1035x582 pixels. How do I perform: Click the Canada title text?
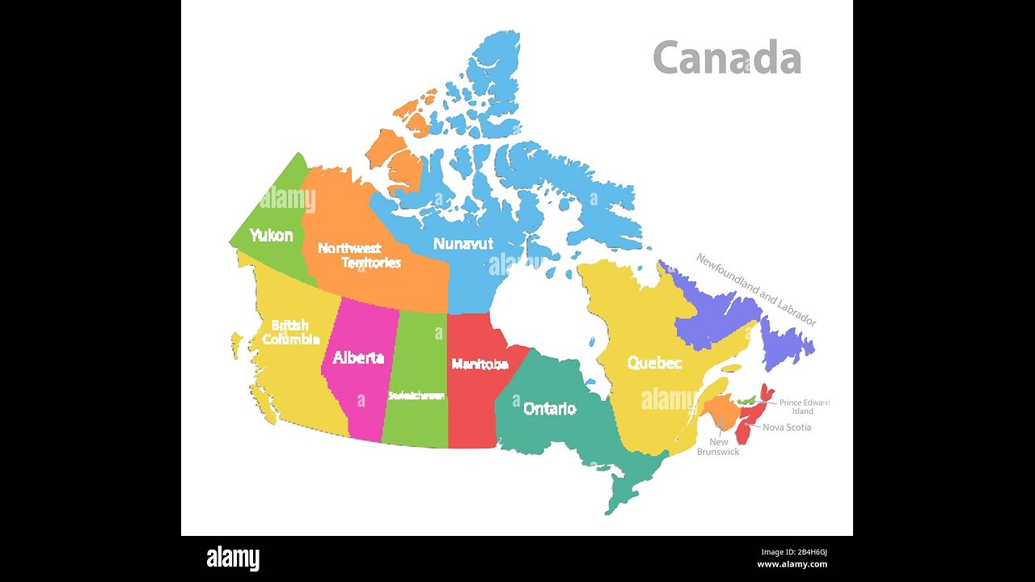pos(726,58)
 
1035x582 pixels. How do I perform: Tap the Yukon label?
pos(271,235)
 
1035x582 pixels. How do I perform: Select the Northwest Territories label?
pos(359,255)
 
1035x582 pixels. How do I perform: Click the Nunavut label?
pos(463,243)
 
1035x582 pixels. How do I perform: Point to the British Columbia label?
pos(290,332)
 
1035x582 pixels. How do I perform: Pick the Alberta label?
pos(358,357)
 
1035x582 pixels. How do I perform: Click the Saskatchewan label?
pos(416,395)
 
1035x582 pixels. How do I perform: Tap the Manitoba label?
pos(479,364)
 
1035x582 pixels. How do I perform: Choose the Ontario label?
pos(550,408)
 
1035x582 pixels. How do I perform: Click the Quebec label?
pos(654,363)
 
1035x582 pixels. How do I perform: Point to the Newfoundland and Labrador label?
pos(756,289)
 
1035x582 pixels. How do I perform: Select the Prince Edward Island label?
pos(804,407)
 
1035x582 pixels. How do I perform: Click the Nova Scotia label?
pos(787,427)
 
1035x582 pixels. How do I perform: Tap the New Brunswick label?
pos(718,446)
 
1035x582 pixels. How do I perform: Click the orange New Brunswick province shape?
pos(720,413)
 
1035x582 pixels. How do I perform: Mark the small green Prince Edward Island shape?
pos(748,400)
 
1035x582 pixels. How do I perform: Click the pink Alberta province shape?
pos(356,388)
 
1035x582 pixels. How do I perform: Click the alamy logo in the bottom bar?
pos(233,558)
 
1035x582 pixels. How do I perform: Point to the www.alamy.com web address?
pos(792,564)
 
